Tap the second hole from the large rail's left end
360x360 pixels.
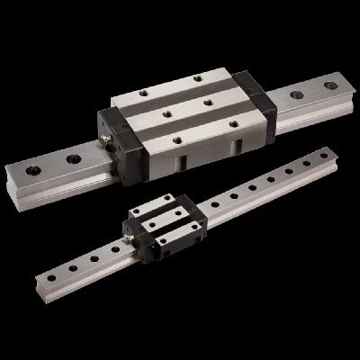click(x=72, y=159)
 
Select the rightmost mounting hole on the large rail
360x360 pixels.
click(x=330, y=86)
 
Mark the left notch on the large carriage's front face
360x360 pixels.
click(x=181, y=162)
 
